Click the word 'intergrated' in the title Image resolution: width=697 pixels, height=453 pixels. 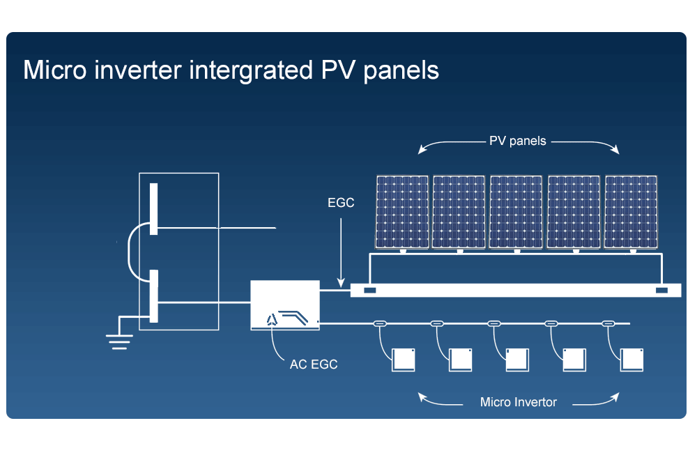[x=251, y=71]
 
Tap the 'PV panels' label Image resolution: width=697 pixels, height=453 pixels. [x=517, y=141]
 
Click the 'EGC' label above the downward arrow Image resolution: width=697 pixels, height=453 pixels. [x=341, y=203]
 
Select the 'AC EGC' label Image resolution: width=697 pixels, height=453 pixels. [x=314, y=364]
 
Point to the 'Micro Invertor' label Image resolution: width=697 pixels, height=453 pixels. [x=519, y=402]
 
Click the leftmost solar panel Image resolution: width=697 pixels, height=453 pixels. [x=402, y=212]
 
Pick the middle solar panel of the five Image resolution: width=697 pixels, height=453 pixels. [x=516, y=212]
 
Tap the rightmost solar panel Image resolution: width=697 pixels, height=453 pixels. [x=631, y=212]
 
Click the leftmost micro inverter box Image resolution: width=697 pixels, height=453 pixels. [x=403, y=360]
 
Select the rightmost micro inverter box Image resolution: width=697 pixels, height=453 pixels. [x=631, y=360]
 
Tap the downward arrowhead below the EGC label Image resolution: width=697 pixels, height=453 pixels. [x=341, y=283]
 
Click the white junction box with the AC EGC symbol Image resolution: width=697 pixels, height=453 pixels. [x=285, y=305]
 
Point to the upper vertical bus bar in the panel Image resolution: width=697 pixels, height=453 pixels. [x=154, y=208]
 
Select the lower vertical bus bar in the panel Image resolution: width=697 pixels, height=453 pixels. [x=154, y=295]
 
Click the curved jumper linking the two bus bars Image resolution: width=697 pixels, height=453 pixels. [x=128, y=252]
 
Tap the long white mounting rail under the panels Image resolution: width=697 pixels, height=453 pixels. [x=516, y=291]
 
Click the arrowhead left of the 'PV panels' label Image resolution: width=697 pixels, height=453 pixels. [x=422, y=150]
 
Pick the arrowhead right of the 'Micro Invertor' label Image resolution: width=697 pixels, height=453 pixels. [x=615, y=397]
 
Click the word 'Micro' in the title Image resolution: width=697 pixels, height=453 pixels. [x=54, y=70]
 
